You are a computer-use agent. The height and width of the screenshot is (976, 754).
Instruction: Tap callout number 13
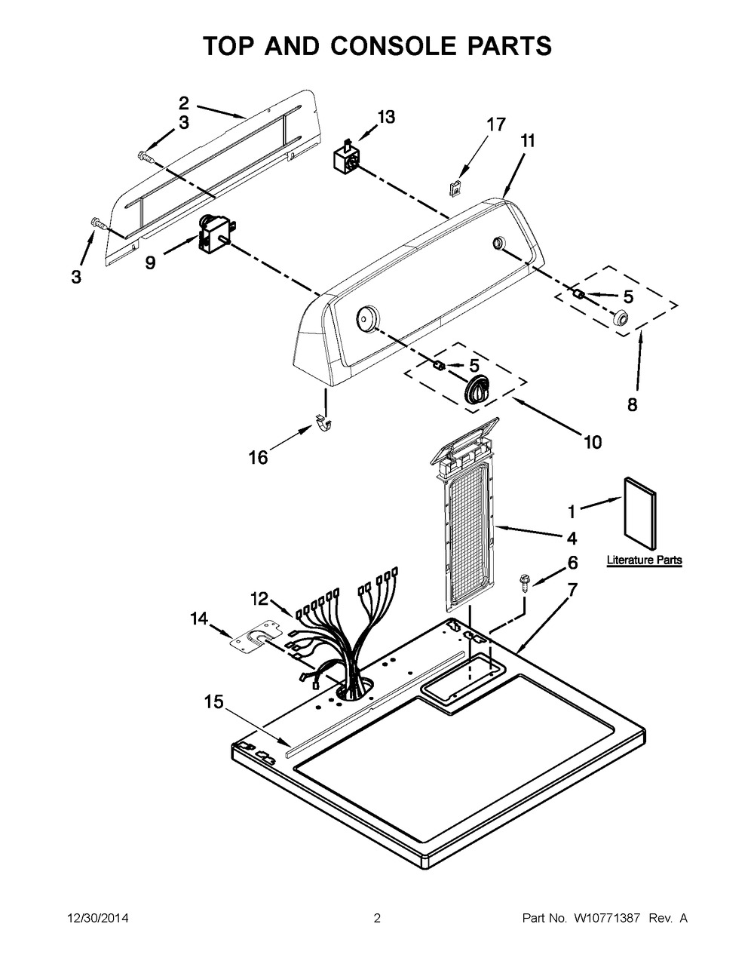pos(385,117)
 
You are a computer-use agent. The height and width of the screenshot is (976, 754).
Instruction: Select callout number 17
pos(496,124)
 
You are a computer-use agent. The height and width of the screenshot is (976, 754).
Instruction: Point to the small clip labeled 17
pos(455,188)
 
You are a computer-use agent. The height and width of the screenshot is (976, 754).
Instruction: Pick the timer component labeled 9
pos(215,232)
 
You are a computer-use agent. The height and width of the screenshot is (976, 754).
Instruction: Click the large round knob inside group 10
pos(478,388)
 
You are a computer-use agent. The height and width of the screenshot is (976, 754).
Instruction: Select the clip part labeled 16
pos(322,422)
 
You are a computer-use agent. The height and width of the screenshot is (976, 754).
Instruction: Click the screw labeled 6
pos(523,584)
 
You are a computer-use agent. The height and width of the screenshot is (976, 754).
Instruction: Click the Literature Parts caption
pos(644,560)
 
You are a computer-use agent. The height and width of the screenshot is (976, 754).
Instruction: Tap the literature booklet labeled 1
pos(640,513)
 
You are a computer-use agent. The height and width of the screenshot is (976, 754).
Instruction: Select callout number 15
pos(213,701)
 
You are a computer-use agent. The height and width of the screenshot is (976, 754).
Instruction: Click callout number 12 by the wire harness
pos(259,599)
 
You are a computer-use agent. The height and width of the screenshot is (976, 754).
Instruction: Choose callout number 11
pos(528,141)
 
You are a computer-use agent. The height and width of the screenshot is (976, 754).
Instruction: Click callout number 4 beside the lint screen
pos(572,538)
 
